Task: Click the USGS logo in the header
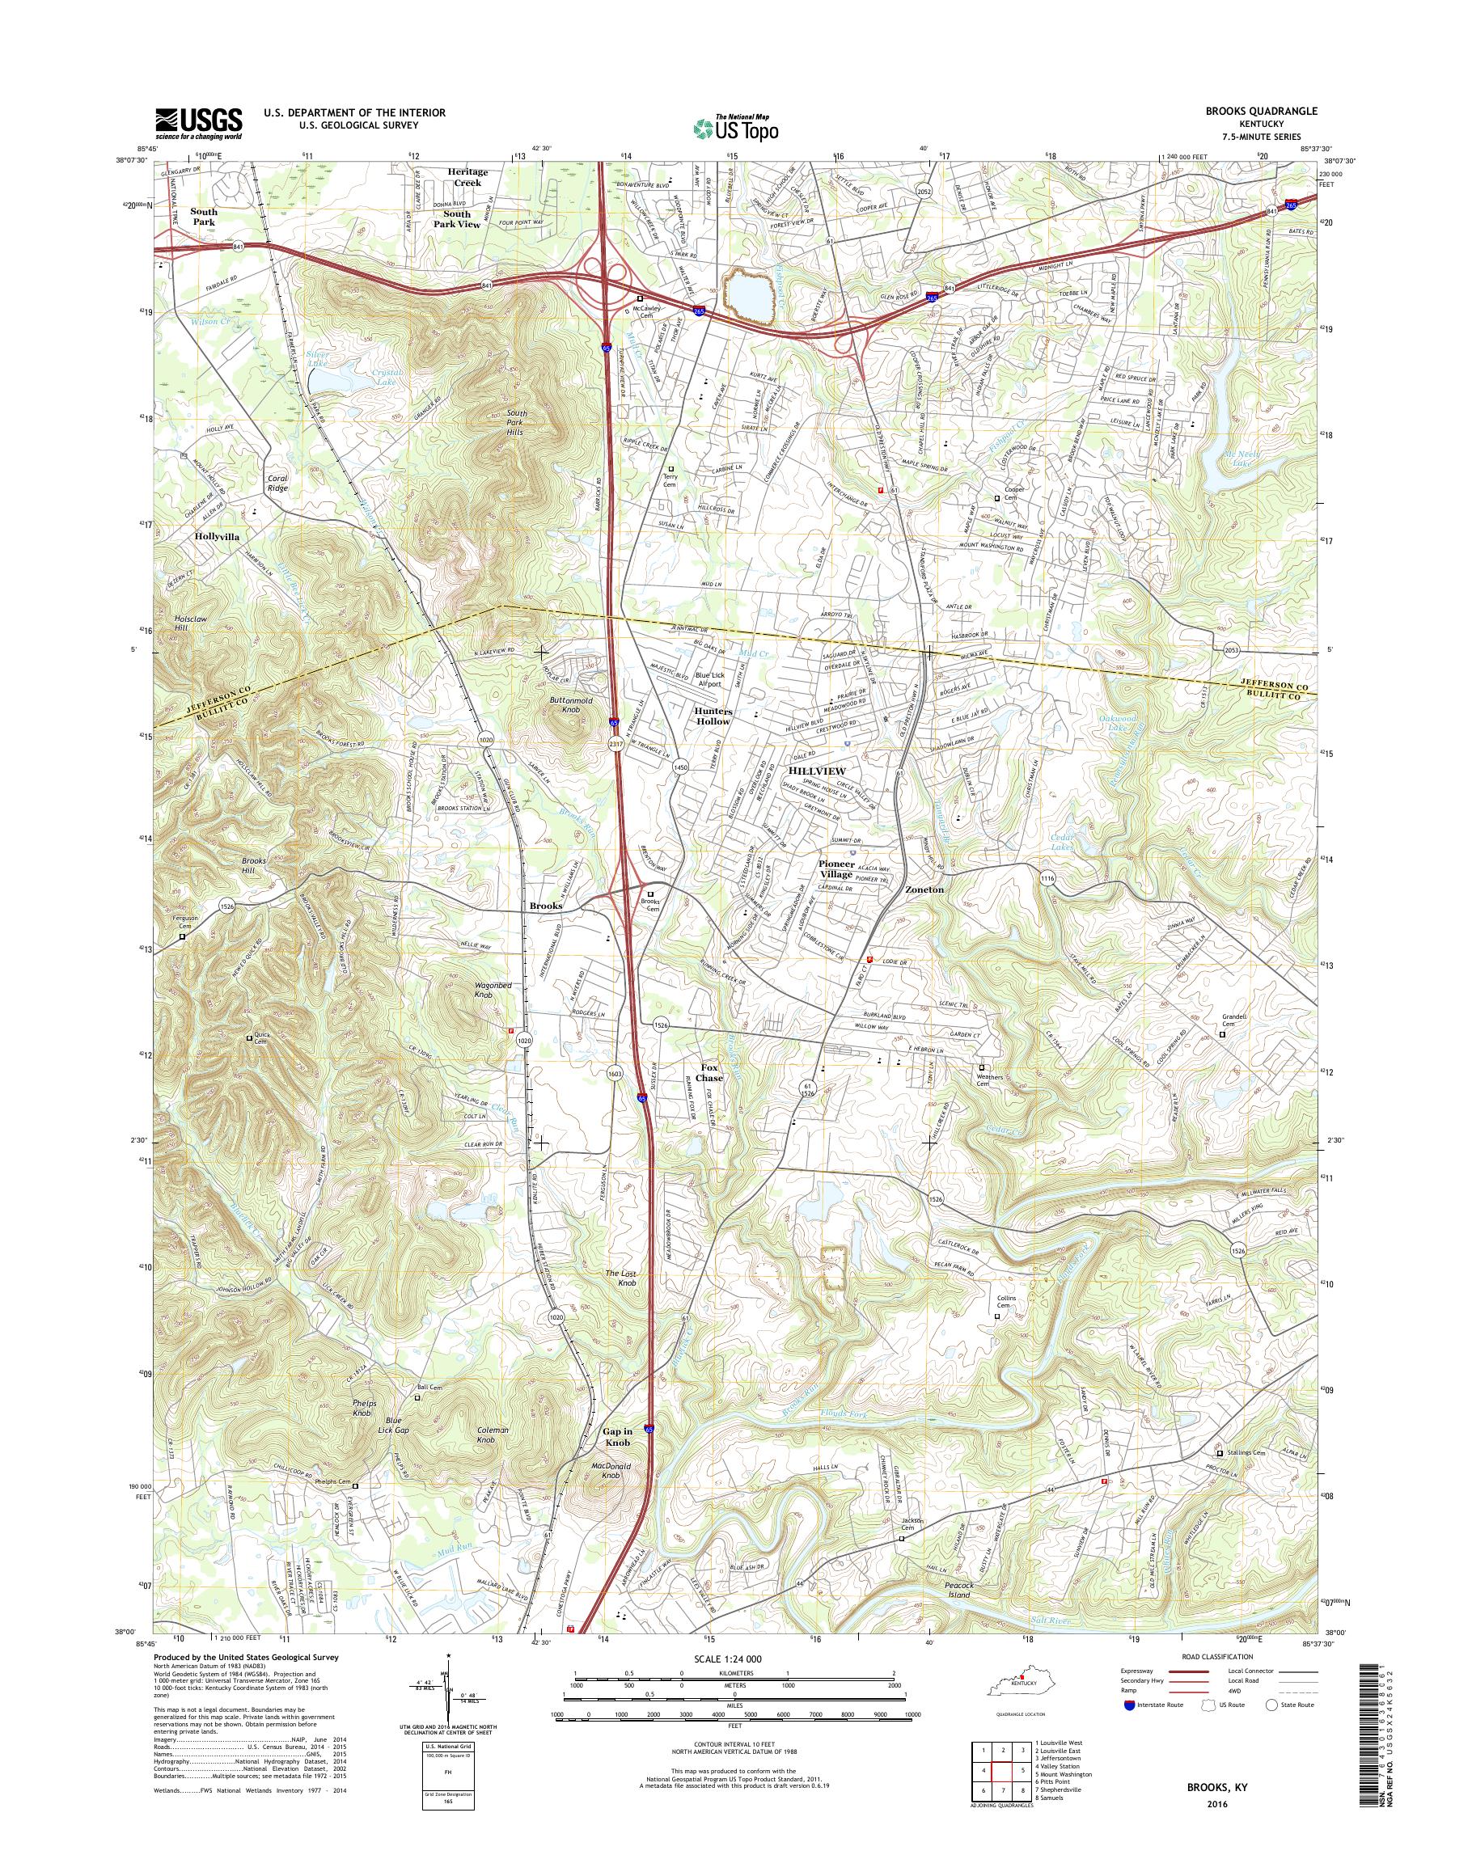pyautogui.click(x=198, y=124)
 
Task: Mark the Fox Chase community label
pyautogui.click(x=710, y=1072)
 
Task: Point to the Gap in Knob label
pyautogui.click(x=617, y=1436)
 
